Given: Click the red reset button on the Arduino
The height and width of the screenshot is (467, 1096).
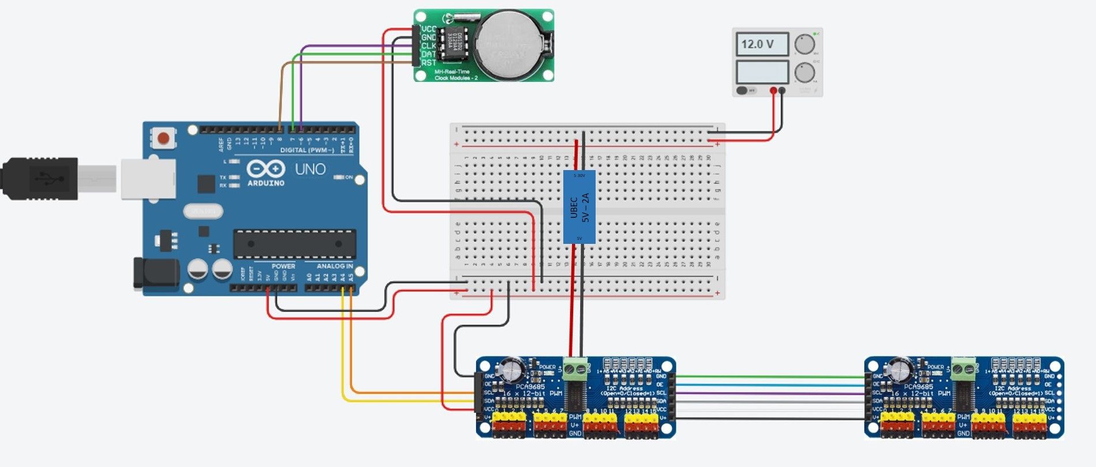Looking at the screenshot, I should click(163, 138).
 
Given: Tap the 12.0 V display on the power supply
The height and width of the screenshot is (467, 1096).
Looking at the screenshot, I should click(762, 44).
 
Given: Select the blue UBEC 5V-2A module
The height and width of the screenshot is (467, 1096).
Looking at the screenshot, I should click(579, 206).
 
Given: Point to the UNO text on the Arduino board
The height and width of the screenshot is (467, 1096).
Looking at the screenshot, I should click(311, 169).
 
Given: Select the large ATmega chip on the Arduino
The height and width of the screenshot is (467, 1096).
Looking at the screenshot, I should click(294, 244).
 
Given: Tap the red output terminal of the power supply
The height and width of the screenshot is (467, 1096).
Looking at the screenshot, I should click(773, 91).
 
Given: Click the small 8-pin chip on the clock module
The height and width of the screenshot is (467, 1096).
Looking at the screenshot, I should click(451, 43).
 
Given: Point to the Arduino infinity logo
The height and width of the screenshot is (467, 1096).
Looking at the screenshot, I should click(266, 169).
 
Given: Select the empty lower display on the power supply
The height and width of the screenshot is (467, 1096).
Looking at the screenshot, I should click(762, 73).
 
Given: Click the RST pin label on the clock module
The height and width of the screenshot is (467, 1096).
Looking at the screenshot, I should click(428, 63).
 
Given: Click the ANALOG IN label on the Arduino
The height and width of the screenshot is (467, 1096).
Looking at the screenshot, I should click(334, 266).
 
